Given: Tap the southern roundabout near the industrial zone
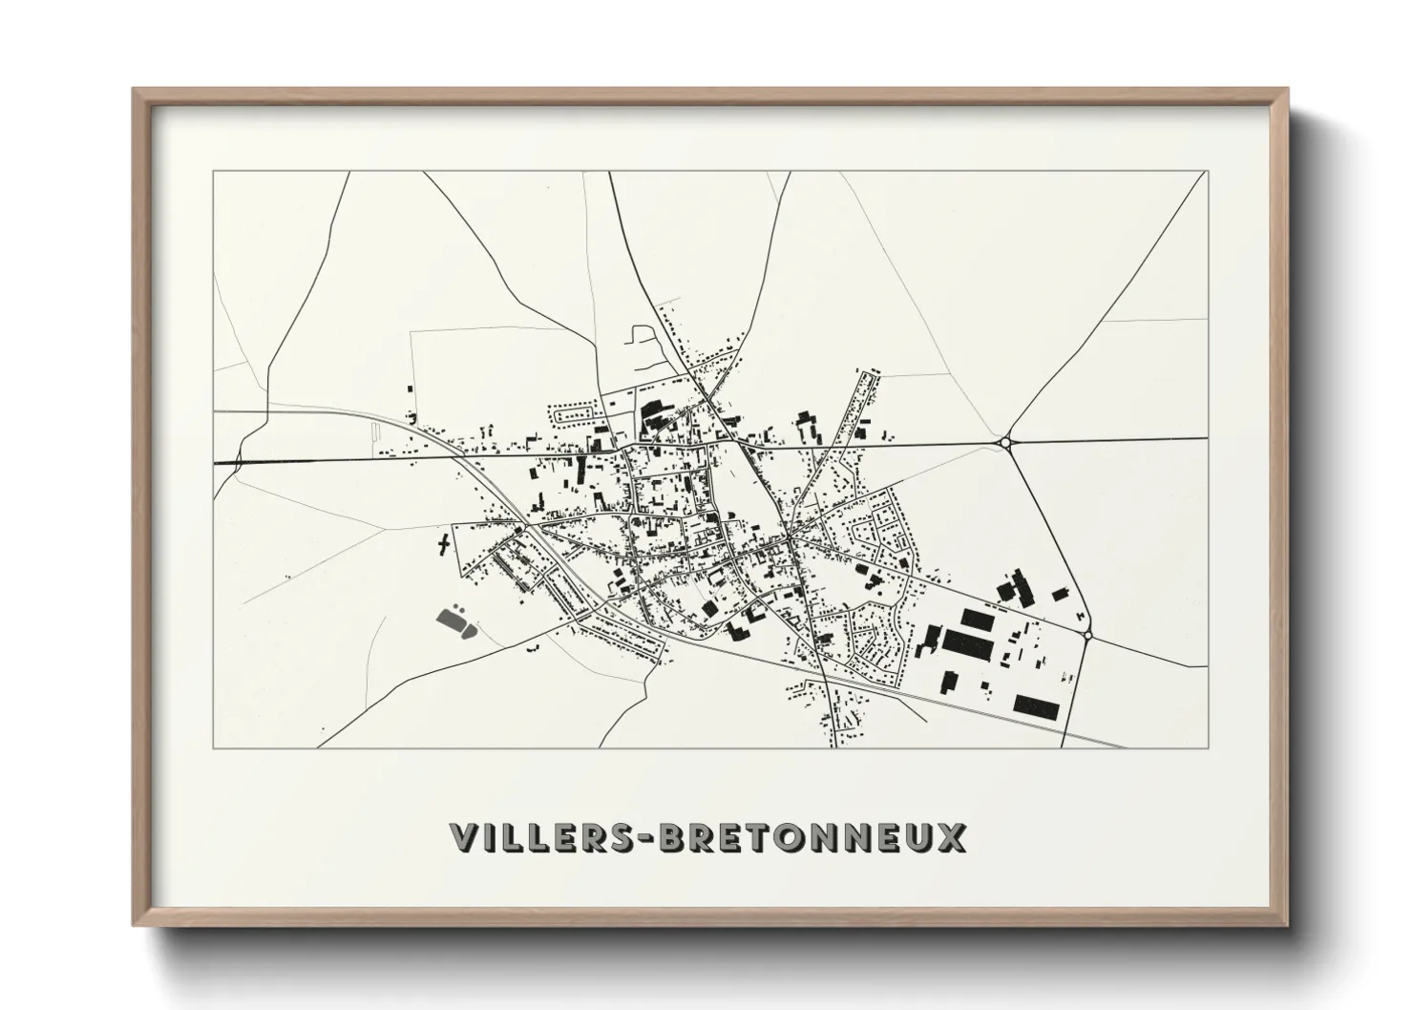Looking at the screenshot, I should [x=1087, y=635].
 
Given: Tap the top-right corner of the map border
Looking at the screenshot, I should [x=1207, y=172].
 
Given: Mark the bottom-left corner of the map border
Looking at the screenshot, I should [x=213, y=747].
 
